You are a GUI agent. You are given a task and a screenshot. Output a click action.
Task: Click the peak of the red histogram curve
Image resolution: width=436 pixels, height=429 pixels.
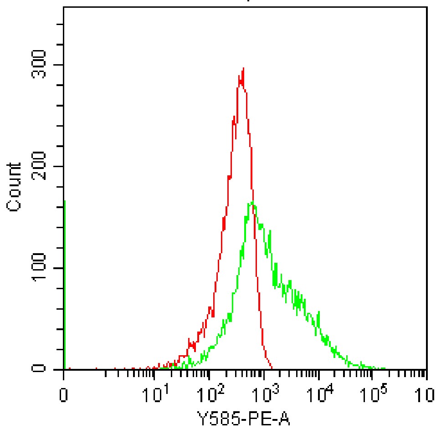tap(243, 68)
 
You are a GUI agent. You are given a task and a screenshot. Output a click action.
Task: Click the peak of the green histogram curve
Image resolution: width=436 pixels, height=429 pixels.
tap(251, 202)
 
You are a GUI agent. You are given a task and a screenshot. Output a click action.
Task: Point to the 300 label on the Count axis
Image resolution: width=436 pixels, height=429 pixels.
tap(40, 65)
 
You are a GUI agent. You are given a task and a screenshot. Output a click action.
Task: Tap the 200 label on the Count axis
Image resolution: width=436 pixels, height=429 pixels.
tap(40, 166)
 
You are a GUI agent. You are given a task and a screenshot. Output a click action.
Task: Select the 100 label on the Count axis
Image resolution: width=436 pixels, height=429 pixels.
tap(40, 268)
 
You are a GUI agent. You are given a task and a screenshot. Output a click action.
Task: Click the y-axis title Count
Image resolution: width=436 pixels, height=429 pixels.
tap(15, 187)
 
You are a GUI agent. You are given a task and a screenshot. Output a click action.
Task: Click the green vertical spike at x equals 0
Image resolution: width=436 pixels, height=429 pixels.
tap(65, 282)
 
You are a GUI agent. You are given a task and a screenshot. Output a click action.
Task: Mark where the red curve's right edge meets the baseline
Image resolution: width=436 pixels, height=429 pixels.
tap(272, 368)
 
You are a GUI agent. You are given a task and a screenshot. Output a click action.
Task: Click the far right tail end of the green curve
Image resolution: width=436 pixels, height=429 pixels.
tap(385, 368)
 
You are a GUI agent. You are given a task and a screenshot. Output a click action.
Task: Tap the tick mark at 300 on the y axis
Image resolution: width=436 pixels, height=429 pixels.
tap(60, 65)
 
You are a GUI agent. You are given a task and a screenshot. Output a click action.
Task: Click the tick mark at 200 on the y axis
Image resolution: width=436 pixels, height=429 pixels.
tap(60, 166)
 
